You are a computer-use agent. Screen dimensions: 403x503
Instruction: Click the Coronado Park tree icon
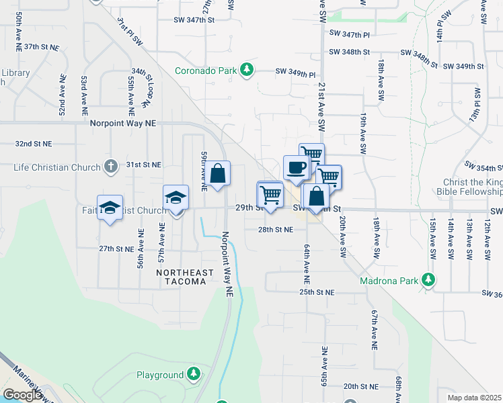click(247, 69)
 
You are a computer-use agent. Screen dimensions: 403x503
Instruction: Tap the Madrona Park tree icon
click(427, 279)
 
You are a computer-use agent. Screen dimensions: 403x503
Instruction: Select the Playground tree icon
click(194, 374)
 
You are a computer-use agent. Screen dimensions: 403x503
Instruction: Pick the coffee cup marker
click(296, 167)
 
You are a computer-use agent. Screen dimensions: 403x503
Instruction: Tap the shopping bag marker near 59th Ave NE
click(218, 174)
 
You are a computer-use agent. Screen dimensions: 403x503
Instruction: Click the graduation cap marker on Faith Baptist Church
click(110, 207)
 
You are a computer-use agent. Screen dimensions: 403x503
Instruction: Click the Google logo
click(22, 395)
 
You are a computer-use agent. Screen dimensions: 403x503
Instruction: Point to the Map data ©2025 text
click(475, 398)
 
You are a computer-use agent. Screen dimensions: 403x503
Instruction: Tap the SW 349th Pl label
click(295, 71)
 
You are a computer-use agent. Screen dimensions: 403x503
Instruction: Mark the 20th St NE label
click(361, 386)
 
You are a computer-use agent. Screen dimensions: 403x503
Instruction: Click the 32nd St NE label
click(34, 144)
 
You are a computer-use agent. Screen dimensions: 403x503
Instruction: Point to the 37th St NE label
click(42, 47)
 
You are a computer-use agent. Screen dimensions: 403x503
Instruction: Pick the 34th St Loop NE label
click(140, 87)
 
